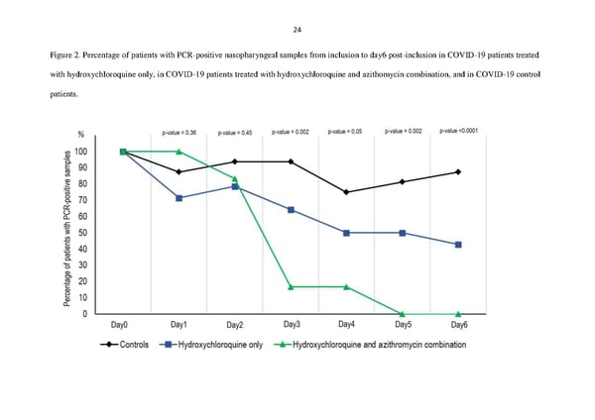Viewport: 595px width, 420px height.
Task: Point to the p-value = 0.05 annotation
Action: coord(346,132)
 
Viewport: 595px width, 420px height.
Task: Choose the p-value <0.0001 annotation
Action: coord(459,131)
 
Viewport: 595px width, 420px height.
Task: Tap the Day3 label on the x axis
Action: coord(292,324)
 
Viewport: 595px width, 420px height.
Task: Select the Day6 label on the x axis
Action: coord(459,324)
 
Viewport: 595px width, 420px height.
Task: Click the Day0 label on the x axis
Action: coord(122,324)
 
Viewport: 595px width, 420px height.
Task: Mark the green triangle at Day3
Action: coord(292,287)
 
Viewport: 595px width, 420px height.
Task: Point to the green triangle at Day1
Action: coord(178,152)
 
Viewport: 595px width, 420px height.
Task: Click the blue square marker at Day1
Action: coord(178,198)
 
